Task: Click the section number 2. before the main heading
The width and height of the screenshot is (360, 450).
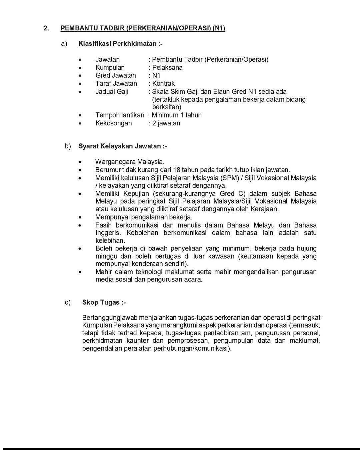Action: [x=46, y=28]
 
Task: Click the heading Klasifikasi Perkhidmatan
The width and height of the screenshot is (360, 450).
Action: [x=120, y=44]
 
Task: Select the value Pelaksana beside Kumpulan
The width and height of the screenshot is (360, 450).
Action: [x=167, y=68]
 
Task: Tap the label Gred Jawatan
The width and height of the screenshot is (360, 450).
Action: [x=116, y=76]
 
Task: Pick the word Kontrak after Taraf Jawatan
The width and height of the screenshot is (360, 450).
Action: [x=163, y=83]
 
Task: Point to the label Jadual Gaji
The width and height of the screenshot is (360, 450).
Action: [x=112, y=92]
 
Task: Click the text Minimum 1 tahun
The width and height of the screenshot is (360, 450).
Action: [x=177, y=115]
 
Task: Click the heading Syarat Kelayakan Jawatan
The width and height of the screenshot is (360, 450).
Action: [x=123, y=146]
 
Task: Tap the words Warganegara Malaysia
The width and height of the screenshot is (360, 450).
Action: [x=130, y=162]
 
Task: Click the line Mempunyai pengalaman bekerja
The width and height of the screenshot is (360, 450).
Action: [x=144, y=217]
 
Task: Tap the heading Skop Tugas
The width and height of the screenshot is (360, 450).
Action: [x=104, y=303]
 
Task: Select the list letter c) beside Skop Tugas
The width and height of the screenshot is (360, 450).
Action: [x=68, y=303]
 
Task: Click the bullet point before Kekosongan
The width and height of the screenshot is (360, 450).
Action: [x=80, y=123]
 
